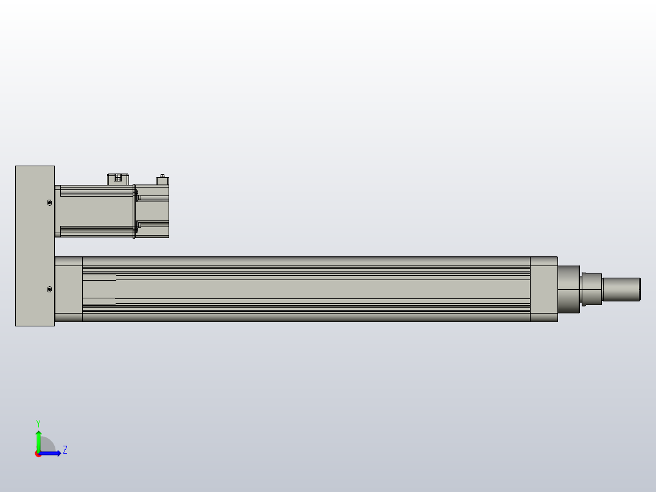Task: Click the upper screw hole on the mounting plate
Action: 49,203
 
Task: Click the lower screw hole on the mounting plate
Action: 49,289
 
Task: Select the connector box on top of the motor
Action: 118,178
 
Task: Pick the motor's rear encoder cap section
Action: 153,211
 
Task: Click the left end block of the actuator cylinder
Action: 68,289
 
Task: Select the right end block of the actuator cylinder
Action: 543,289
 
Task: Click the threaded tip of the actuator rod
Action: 621,289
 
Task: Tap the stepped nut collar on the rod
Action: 591,289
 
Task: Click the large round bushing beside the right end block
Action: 568,289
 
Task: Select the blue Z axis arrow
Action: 52,453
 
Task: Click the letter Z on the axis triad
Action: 65,450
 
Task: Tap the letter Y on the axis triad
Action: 38,423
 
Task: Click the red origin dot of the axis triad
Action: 38,454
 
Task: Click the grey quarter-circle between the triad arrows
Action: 46,446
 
